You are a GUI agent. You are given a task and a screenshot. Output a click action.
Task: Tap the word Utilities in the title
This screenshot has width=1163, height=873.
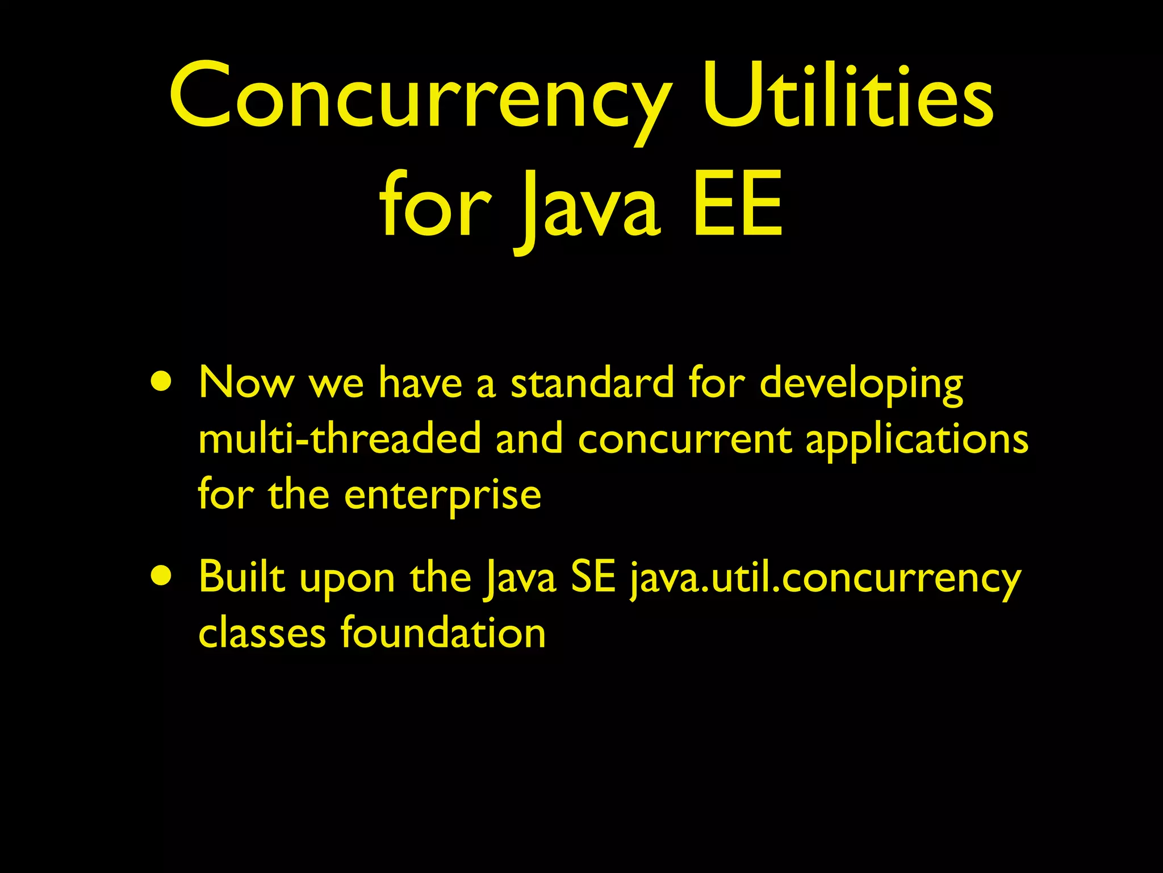click(x=847, y=97)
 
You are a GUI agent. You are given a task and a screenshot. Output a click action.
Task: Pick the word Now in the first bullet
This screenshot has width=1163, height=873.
click(x=246, y=383)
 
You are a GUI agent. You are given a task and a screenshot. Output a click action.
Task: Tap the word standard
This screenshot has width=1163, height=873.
click(x=592, y=383)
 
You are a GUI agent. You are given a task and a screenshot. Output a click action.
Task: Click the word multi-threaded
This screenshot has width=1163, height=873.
click(x=340, y=439)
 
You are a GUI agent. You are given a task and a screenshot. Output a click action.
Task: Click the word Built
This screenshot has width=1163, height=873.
click(x=242, y=577)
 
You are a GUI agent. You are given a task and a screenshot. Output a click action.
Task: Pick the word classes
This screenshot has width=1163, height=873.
click(x=262, y=633)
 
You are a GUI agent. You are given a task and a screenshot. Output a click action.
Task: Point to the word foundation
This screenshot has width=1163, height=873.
click(x=443, y=633)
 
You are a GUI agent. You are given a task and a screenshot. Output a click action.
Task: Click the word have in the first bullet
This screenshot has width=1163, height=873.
click(x=420, y=383)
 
